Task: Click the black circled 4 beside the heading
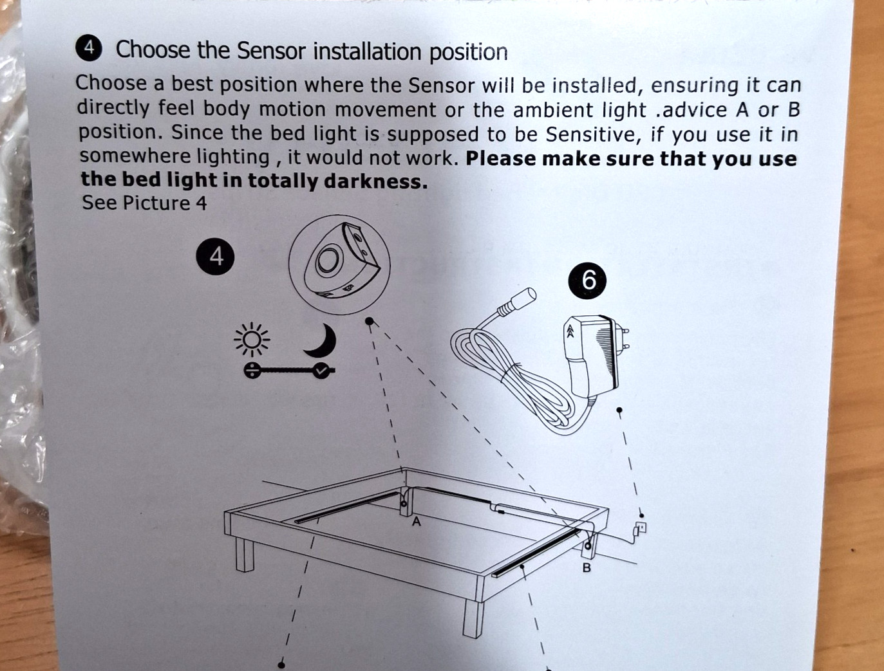(x=89, y=48)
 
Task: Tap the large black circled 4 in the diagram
(x=216, y=256)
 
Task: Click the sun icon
(x=252, y=340)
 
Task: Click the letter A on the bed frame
(x=417, y=522)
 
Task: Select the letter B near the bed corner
(x=587, y=568)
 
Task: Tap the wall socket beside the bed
(x=641, y=528)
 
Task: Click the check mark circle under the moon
(x=322, y=371)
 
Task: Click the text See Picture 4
(x=144, y=203)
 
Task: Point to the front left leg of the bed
(x=245, y=555)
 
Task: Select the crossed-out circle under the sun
(x=252, y=371)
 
